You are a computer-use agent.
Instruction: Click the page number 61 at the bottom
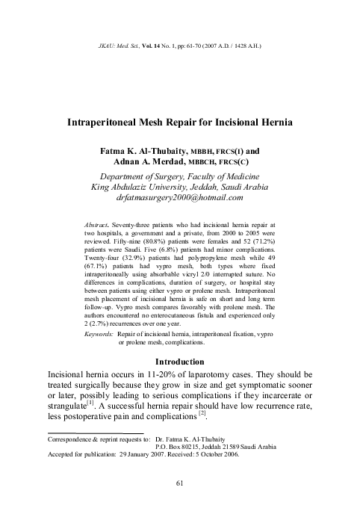(180, 484)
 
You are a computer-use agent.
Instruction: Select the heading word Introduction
(179, 361)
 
